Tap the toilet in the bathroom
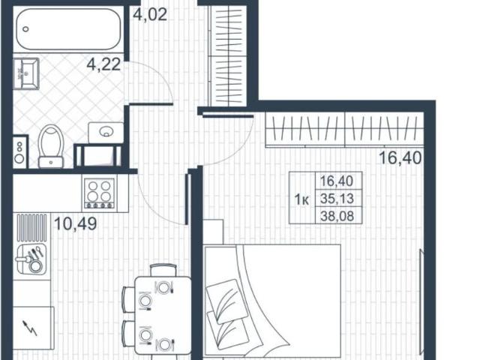pyautogui.click(x=52, y=145)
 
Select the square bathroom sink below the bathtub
pyautogui.click(x=28, y=73)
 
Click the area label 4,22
pyautogui.click(x=104, y=65)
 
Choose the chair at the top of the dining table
pyautogui.click(x=163, y=268)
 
